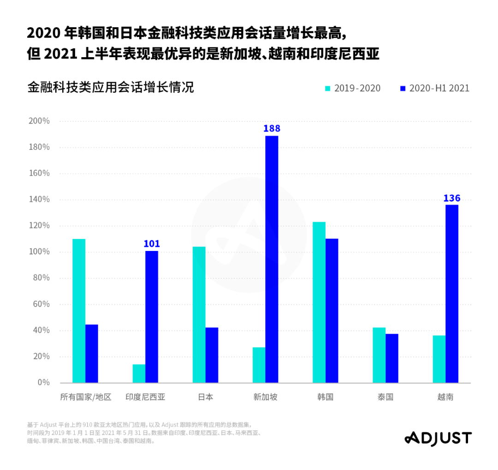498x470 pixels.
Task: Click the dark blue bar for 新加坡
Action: tap(272, 259)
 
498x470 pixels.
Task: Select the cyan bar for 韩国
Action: tap(319, 302)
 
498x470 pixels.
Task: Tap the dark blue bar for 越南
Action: tap(452, 293)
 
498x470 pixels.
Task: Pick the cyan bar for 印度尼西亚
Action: tap(139, 373)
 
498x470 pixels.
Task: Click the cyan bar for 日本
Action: tap(199, 315)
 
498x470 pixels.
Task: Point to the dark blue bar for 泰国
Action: tap(392, 358)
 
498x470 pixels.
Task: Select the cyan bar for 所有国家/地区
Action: tap(79, 310)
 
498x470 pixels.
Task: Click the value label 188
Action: tap(272, 128)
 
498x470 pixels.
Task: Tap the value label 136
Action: tap(452, 198)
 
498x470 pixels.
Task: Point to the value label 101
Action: tap(151, 244)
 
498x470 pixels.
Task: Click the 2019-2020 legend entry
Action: tap(353, 88)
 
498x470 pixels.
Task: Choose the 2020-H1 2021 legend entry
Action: tap(434, 88)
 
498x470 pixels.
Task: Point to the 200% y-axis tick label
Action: tap(39, 121)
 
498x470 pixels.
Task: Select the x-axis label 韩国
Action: tap(325, 397)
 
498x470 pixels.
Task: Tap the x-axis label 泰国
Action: tap(385, 397)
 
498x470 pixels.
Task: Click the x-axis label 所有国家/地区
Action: tap(86, 397)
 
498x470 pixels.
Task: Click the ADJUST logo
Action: tap(438, 438)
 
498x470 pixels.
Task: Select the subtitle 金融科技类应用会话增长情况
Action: tap(111, 87)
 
